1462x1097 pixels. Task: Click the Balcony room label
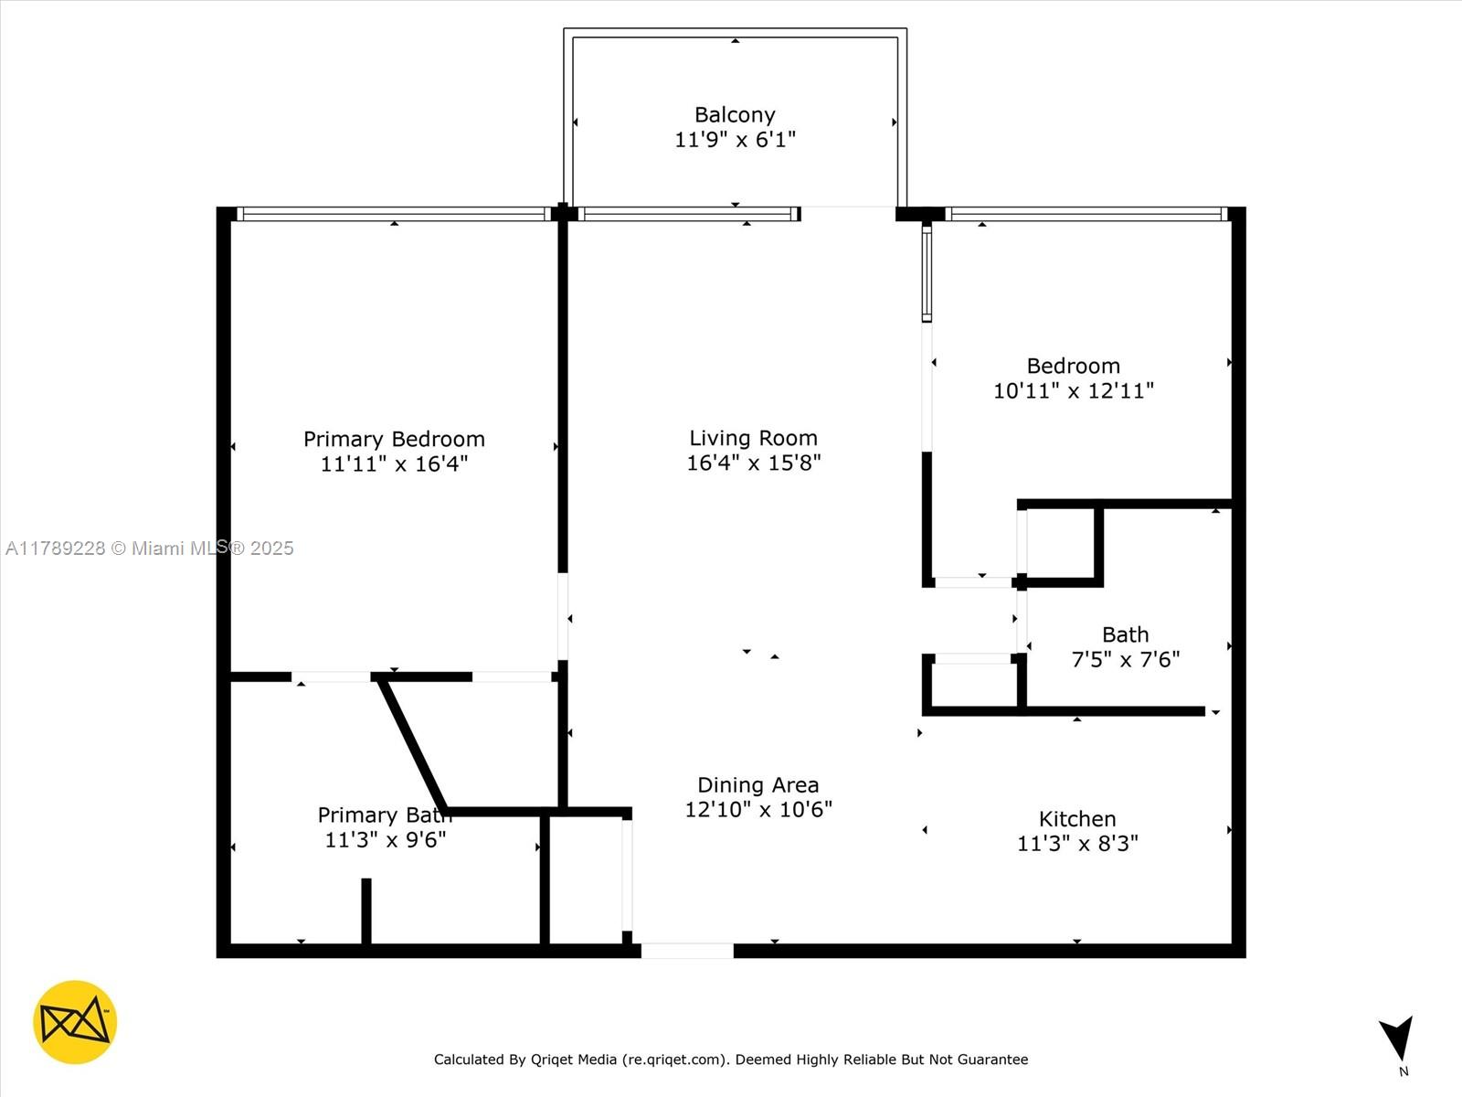click(x=735, y=115)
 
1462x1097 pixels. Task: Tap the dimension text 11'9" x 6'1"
click(x=735, y=140)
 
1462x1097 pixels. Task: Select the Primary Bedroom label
click(x=394, y=439)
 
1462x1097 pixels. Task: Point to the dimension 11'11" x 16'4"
click(x=394, y=463)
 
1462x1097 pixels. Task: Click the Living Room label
click(x=753, y=438)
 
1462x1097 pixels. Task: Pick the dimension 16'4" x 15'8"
click(x=753, y=463)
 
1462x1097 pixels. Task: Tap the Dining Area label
click(x=757, y=784)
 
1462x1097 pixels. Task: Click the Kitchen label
click(x=1077, y=819)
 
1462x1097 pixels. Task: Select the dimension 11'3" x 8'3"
click(x=1077, y=843)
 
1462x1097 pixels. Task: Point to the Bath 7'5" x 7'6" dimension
click(x=1125, y=659)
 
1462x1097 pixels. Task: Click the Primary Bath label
click(x=384, y=815)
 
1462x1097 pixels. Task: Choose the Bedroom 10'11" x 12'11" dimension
click(x=1073, y=390)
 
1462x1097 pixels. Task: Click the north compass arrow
click(x=1398, y=1038)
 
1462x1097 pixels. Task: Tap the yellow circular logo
click(x=75, y=1022)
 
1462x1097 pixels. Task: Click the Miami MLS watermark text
click(x=150, y=548)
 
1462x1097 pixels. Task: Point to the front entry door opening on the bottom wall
click(x=687, y=951)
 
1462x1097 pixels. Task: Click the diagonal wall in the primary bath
click(x=413, y=744)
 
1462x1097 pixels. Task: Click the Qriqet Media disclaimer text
click(x=731, y=1060)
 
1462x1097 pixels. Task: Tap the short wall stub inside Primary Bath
click(x=366, y=911)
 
